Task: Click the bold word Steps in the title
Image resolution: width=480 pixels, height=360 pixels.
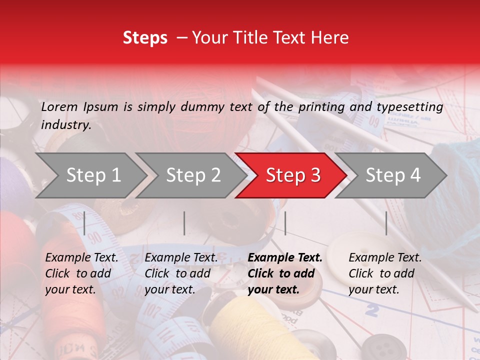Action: coord(145,38)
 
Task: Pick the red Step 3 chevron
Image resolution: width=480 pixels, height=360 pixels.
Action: coord(292,175)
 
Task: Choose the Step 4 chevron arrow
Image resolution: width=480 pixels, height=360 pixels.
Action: coord(392,175)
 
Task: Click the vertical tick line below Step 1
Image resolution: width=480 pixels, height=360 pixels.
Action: coord(84,223)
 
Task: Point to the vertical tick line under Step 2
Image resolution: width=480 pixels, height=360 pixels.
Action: coord(184,223)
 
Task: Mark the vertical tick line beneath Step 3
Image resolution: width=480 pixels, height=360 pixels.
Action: coord(285,223)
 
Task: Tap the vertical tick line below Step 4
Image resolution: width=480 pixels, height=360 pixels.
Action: coord(386,223)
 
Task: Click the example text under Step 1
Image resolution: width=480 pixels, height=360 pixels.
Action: coord(81,273)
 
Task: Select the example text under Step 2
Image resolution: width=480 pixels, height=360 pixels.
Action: coord(180,273)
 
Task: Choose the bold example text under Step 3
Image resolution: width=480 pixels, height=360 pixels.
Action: coord(285,273)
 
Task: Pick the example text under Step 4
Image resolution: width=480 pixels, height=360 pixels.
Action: coord(384,273)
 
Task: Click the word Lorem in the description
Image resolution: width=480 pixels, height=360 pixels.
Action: coord(59,106)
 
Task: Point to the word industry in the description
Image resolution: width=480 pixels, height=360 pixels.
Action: coord(66,125)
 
